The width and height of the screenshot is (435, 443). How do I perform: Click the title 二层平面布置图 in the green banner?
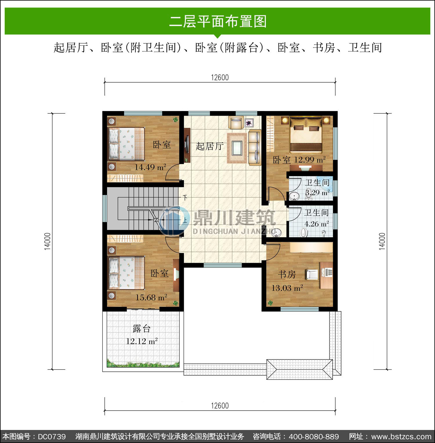click(218, 21)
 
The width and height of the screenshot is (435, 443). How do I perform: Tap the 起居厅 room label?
click(210, 146)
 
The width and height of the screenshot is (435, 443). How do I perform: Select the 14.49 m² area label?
click(150, 167)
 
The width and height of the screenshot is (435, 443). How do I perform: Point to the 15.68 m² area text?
click(151, 298)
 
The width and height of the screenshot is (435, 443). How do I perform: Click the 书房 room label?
click(287, 274)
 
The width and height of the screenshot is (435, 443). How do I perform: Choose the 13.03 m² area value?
click(287, 288)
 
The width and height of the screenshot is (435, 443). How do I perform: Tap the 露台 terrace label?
click(142, 329)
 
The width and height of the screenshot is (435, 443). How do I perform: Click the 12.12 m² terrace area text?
click(142, 341)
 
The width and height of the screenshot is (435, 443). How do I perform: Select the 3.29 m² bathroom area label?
click(317, 192)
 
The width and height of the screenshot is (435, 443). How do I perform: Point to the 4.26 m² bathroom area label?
click(316, 224)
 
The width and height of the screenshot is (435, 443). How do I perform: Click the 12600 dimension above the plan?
click(220, 77)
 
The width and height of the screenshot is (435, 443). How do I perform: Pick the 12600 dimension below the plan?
click(220, 406)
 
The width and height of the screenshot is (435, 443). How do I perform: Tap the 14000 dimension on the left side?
click(48, 241)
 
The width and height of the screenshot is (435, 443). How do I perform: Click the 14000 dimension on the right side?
click(382, 241)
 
